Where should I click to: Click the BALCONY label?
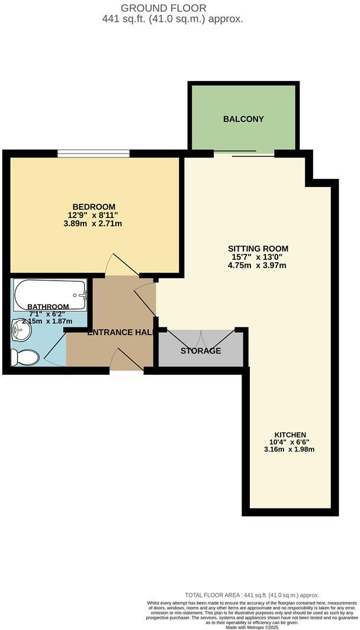(243, 119)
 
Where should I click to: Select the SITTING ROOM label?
(258, 248)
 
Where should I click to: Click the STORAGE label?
(201, 351)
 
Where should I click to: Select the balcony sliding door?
(245, 154)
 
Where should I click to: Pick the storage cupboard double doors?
(201, 337)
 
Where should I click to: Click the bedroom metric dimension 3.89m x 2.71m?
(95, 224)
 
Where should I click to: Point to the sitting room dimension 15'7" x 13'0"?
(258, 257)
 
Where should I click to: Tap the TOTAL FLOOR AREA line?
(252, 595)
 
